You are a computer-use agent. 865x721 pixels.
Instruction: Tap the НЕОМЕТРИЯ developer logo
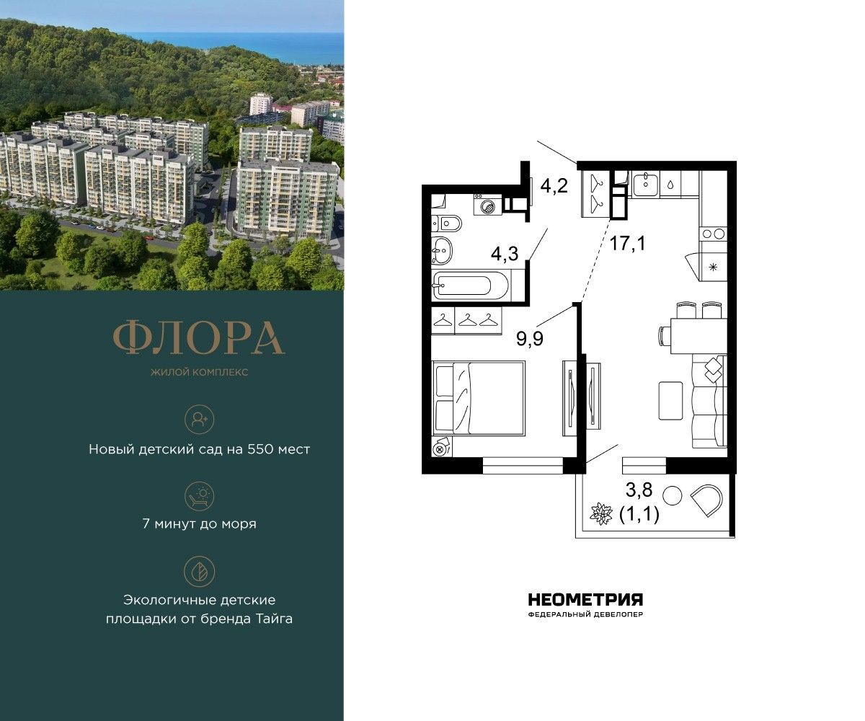(x=585, y=599)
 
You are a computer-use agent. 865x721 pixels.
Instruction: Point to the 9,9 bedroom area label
(x=529, y=339)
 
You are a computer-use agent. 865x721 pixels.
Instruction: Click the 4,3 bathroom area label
(x=504, y=253)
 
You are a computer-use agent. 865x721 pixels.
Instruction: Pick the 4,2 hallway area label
(x=554, y=186)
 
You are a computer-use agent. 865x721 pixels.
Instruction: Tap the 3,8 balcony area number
(x=639, y=490)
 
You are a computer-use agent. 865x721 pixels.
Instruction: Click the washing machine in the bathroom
(x=487, y=204)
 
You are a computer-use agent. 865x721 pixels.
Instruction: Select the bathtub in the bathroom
(x=471, y=285)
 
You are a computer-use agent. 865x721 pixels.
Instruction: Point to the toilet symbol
(x=447, y=224)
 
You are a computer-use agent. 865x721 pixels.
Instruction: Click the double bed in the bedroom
(x=479, y=398)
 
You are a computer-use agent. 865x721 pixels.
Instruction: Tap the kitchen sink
(x=644, y=185)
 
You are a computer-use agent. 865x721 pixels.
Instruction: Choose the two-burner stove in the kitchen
(x=713, y=234)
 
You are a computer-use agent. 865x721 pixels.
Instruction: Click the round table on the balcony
(x=673, y=495)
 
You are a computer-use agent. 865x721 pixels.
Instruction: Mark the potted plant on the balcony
(x=601, y=514)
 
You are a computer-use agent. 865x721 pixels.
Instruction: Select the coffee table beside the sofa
(x=670, y=401)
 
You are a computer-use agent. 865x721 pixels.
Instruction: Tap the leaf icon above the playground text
(x=199, y=572)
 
